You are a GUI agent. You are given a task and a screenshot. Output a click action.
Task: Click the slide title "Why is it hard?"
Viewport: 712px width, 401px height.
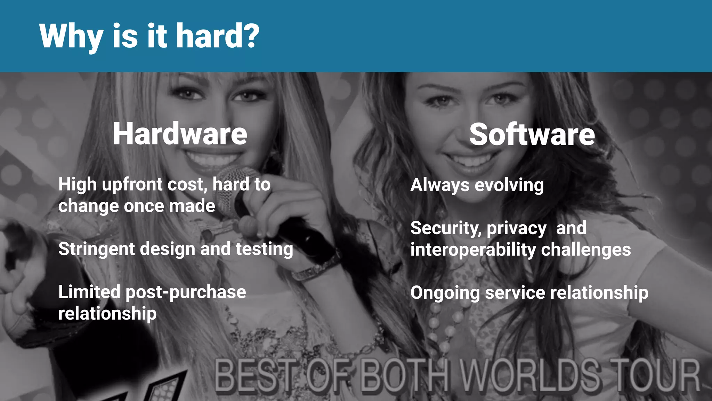coord(149,36)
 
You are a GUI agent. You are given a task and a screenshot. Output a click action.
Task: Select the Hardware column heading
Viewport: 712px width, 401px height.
coord(180,134)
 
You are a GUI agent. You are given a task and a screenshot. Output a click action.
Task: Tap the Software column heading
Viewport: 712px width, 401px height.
coord(532,135)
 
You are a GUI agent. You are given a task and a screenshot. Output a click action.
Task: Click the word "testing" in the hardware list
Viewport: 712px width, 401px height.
coord(264,249)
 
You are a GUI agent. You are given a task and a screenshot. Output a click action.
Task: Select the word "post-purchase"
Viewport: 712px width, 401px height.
coord(186,292)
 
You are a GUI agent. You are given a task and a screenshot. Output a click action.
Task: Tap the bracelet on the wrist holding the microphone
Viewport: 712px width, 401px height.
coord(315,268)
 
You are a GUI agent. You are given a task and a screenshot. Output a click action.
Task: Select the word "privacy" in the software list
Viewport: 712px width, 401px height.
coord(517,229)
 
